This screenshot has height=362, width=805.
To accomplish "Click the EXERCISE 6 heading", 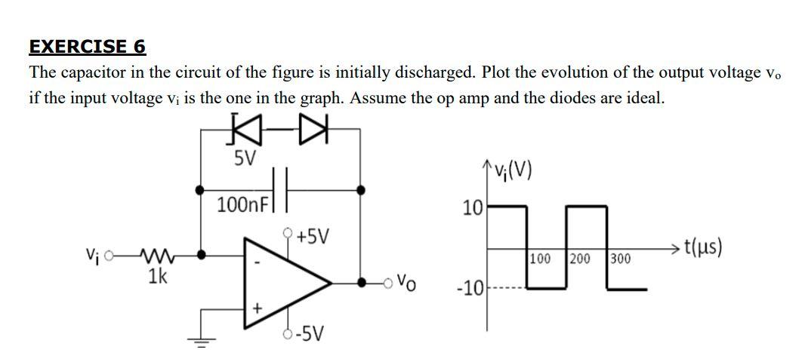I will click(x=87, y=47).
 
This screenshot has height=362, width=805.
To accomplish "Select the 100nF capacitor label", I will click(x=241, y=204).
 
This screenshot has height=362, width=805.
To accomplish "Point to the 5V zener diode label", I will click(x=245, y=159).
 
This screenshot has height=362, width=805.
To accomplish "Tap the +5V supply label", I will click(x=312, y=236).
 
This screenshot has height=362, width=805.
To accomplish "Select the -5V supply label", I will click(x=310, y=333).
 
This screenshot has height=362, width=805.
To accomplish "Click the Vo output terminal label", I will click(x=406, y=285).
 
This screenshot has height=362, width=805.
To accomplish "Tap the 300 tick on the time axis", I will click(x=621, y=259).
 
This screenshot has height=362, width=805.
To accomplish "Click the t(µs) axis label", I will click(x=702, y=247).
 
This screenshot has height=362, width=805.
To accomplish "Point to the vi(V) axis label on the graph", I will click(x=512, y=172).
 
